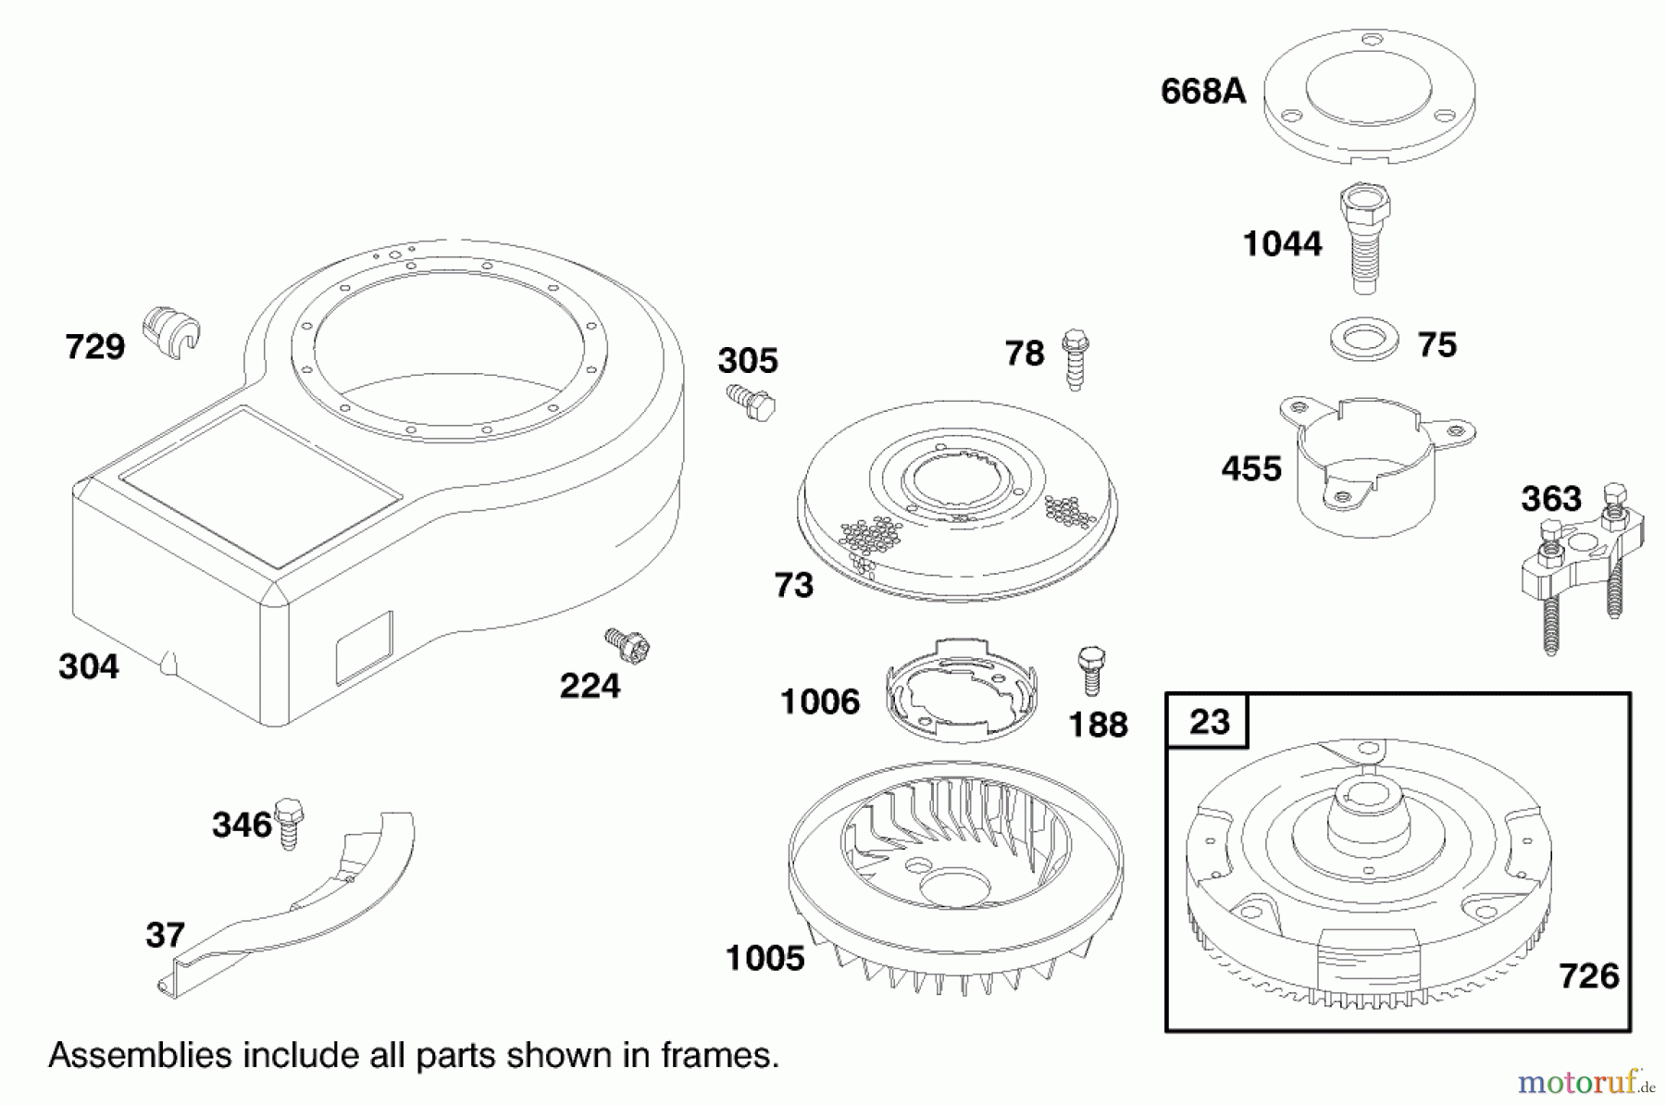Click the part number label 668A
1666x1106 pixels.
tap(1203, 92)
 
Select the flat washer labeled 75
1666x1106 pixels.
tap(1363, 341)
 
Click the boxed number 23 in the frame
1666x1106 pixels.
tap(1208, 722)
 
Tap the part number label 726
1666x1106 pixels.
tap(1588, 976)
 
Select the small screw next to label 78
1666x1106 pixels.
tap(1075, 358)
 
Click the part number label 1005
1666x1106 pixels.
tap(765, 959)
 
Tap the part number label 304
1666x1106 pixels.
tap(89, 666)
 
